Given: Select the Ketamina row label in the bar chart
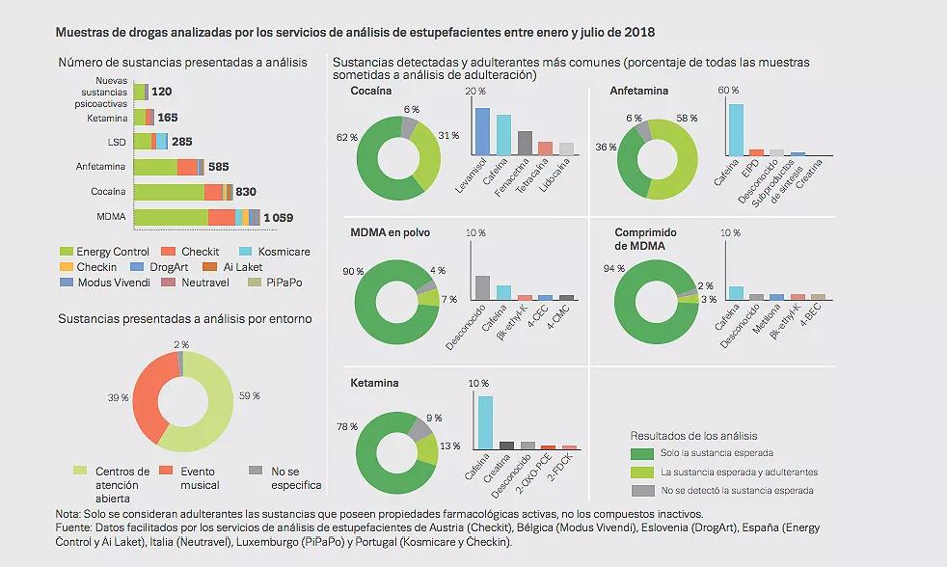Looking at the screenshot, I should [107, 118].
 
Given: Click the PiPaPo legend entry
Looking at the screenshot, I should [276, 283].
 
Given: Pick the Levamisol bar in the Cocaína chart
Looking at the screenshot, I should [483, 131].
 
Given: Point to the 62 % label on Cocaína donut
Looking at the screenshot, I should [347, 138].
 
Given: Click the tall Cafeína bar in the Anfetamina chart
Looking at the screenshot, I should [736, 129].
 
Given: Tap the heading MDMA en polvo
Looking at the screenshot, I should [391, 233].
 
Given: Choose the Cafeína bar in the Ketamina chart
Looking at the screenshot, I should [485, 422].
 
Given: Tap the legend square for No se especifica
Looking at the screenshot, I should [254, 471].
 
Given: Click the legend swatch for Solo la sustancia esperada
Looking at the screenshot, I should [642, 453].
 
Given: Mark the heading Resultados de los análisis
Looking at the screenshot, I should [693, 436].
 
